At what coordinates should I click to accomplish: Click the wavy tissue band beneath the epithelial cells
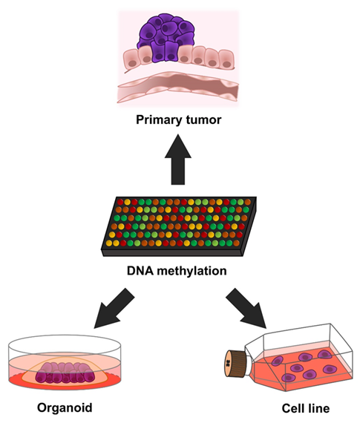point(178,87)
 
